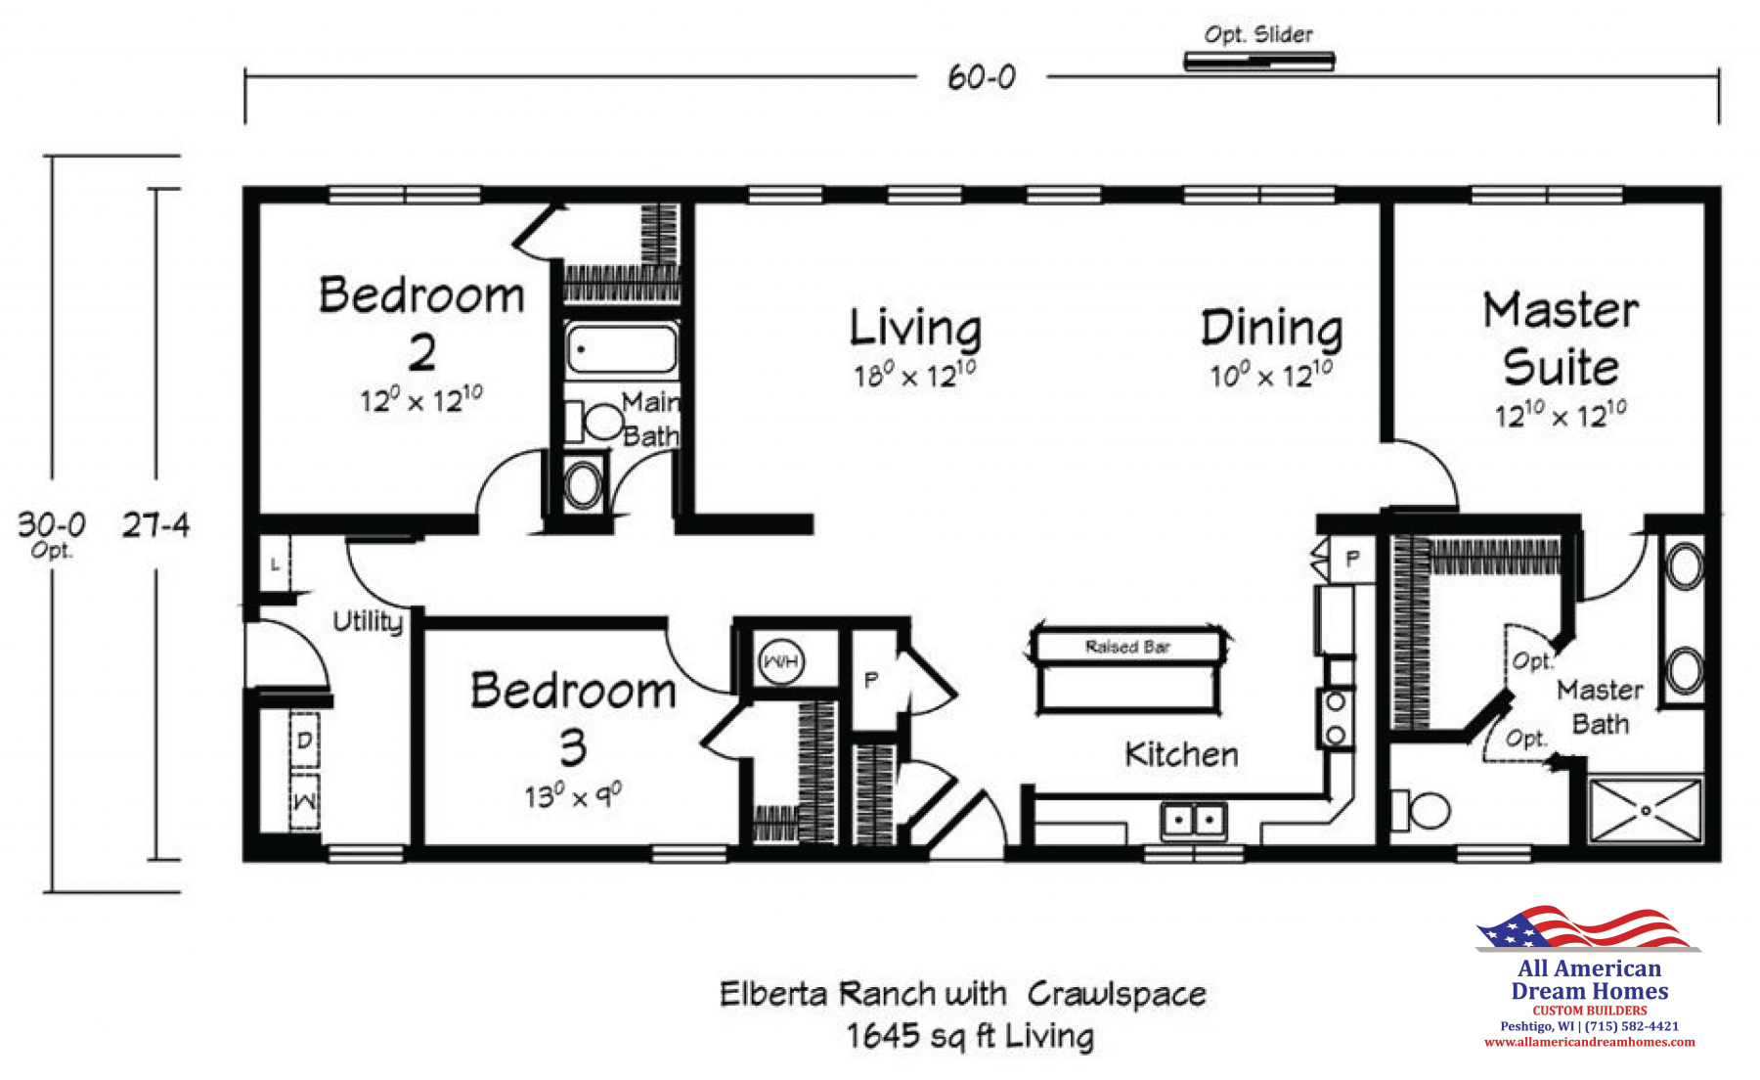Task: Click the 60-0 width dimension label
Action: [x=982, y=77]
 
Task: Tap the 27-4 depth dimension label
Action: [x=155, y=525]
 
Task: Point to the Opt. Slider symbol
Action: [x=1259, y=62]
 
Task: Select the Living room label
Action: [x=915, y=328]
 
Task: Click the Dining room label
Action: [x=1271, y=328]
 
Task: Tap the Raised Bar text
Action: [x=1127, y=647]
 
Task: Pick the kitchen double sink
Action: [x=1194, y=820]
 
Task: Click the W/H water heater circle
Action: [x=780, y=662]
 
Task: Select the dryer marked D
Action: [x=304, y=741]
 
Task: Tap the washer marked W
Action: [x=304, y=802]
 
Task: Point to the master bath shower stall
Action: [x=1646, y=810]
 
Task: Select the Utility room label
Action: [x=368, y=622]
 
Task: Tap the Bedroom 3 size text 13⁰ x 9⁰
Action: [x=573, y=795]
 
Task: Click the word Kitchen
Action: [x=1181, y=754]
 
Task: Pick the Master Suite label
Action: [x=1561, y=338]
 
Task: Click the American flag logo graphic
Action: [x=1588, y=927]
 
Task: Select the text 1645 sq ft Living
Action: [x=970, y=1036]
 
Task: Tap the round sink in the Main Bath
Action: [x=584, y=484]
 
